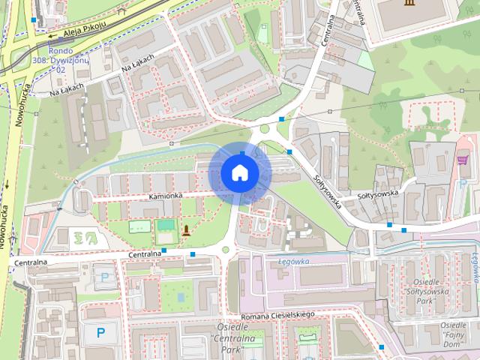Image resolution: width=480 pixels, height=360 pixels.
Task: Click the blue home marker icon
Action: pos(239,172)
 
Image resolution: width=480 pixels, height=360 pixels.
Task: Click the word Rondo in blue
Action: pos(59,51)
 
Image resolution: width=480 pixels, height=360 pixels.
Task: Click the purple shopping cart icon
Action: pos(463,160)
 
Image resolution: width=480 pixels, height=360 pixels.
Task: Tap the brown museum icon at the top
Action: pos(409,4)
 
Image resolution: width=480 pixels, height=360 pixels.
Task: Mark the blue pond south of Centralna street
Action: pos(182,298)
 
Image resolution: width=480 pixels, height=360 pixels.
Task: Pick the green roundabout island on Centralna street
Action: pos(225,250)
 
